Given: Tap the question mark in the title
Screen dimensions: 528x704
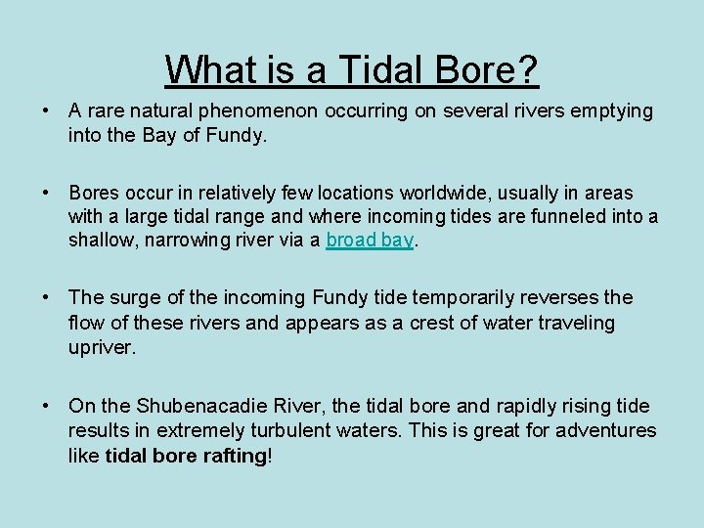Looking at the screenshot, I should click(x=529, y=70).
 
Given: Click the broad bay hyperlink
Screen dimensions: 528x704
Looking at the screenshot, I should click(x=370, y=241).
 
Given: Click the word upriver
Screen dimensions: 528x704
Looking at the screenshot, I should click(x=100, y=347).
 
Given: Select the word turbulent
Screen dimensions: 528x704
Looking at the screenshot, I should click(x=311, y=430).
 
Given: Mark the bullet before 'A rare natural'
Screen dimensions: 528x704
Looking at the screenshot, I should click(x=46, y=111).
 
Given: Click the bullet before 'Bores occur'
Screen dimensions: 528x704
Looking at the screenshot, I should click(x=46, y=194).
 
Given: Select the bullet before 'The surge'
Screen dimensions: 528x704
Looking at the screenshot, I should click(x=46, y=297).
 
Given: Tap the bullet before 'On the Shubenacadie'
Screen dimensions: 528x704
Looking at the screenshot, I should click(x=46, y=406).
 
